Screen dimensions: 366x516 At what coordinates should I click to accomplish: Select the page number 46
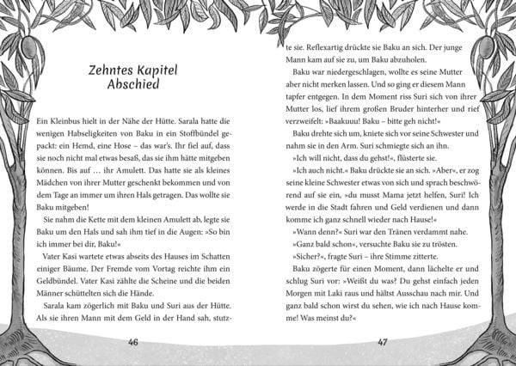(132, 342)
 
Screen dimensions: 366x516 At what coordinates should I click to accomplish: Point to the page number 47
(384, 342)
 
